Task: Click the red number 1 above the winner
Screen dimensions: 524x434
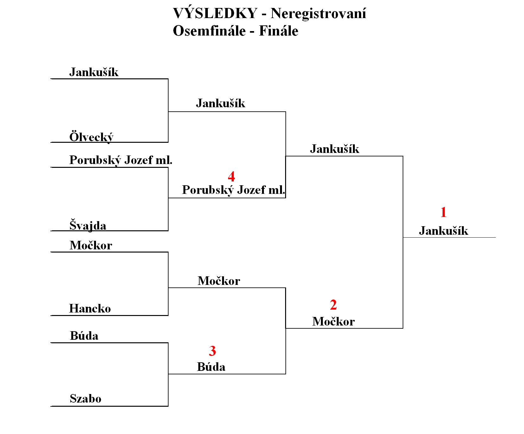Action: tap(444, 212)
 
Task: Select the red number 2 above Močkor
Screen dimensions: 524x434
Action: tap(333, 305)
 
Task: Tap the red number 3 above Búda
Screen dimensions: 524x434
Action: tap(212, 351)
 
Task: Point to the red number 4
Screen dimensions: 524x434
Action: tap(232, 176)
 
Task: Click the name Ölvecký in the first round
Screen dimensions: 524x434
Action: tap(91, 137)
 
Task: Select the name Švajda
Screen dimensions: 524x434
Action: tap(88, 225)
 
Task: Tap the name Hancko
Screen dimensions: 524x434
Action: tap(90, 308)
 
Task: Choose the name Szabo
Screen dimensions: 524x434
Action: tap(86, 398)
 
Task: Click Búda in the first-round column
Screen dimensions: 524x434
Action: tap(84, 335)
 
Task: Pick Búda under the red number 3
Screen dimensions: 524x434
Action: tap(211, 366)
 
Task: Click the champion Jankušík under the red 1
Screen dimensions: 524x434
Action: tap(444, 230)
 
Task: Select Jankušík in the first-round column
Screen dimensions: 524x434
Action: tap(94, 72)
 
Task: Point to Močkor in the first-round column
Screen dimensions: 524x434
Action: tap(91, 245)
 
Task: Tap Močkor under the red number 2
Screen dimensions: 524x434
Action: tap(334, 321)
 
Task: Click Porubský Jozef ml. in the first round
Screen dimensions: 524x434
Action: tap(121, 160)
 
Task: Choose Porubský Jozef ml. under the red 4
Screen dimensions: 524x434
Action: tap(234, 190)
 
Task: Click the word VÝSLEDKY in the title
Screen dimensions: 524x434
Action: tap(215, 13)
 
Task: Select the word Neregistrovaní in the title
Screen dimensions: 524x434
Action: tap(318, 13)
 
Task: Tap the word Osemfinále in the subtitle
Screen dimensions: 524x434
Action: tap(209, 31)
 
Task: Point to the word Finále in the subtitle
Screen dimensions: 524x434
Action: tap(279, 31)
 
